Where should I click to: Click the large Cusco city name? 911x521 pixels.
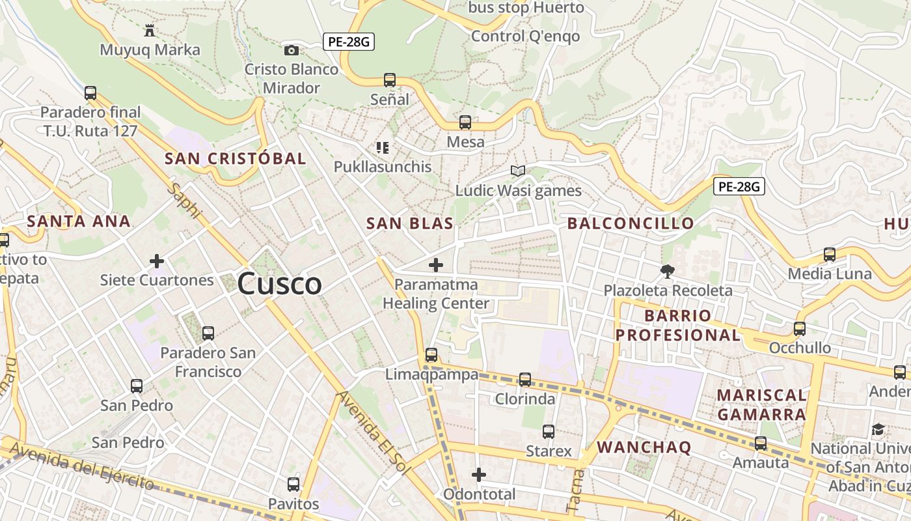pos(279,284)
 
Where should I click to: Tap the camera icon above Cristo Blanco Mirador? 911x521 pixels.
pos(292,50)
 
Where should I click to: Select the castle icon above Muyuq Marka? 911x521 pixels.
pos(150,30)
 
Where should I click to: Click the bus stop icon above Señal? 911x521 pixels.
pos(390,80)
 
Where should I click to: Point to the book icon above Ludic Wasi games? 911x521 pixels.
pos(518,171)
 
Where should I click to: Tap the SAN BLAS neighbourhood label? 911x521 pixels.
pos(409,223)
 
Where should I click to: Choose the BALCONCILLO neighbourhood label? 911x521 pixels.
pos(631,223)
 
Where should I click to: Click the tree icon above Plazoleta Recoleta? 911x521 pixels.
pos(667,271)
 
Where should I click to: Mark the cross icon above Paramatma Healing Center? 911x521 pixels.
pos(436,265)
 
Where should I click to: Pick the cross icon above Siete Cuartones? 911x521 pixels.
pos(157,261)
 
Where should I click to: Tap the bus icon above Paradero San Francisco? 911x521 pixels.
pos(208,333)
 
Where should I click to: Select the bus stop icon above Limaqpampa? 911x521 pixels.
pos(431,355)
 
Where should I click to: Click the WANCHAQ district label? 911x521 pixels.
pos(644,447)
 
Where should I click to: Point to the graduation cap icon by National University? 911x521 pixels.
pos(878,429)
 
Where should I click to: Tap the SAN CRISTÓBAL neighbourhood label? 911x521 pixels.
pos(235,158)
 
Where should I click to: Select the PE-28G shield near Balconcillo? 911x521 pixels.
pos(739,187)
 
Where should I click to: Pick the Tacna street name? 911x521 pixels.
pos(574,490)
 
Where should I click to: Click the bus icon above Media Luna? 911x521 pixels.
pos(830,255)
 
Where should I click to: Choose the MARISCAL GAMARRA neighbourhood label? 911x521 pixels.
pos(761,404)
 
